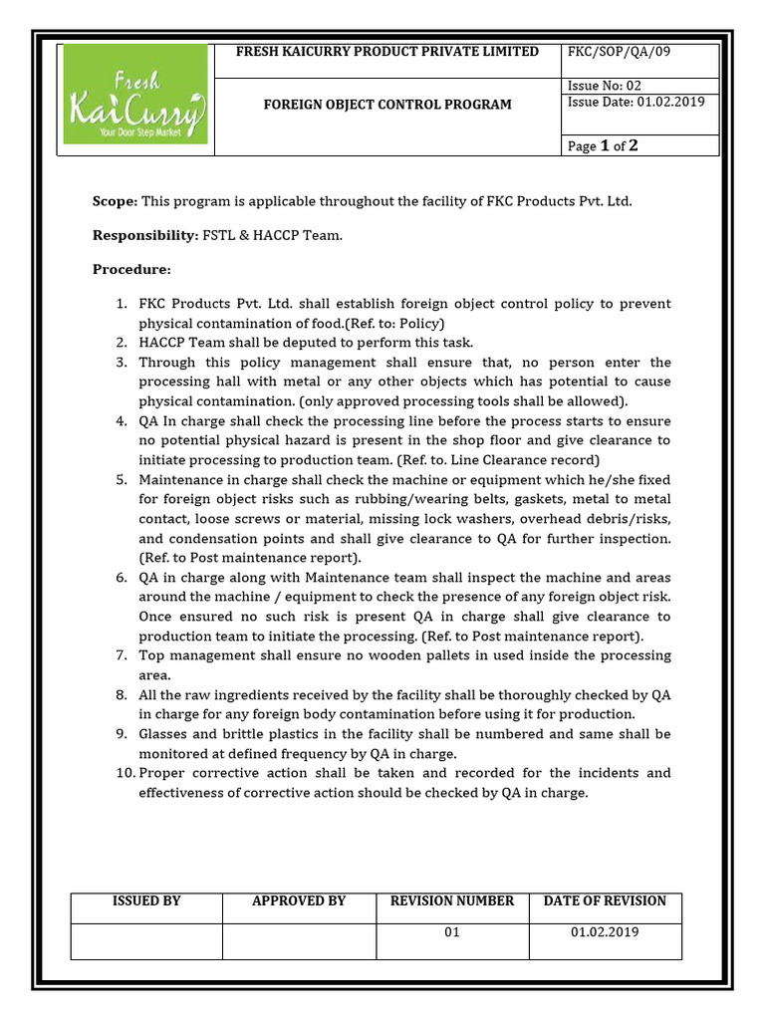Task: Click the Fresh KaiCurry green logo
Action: (134, 100)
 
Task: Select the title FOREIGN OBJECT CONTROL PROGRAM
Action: (387, 105)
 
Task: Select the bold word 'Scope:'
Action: (115, 201)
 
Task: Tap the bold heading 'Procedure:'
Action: (131, 270)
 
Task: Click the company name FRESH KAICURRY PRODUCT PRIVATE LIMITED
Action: (386, 52)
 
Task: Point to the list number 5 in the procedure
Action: (121, 479)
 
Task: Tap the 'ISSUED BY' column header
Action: (145, 900)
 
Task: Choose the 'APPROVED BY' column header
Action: (299, 900)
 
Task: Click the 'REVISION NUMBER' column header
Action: (452, 900)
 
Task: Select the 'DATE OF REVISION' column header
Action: (605, 900)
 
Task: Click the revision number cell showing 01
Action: (452, 933)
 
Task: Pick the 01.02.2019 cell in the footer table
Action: (605, 933)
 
